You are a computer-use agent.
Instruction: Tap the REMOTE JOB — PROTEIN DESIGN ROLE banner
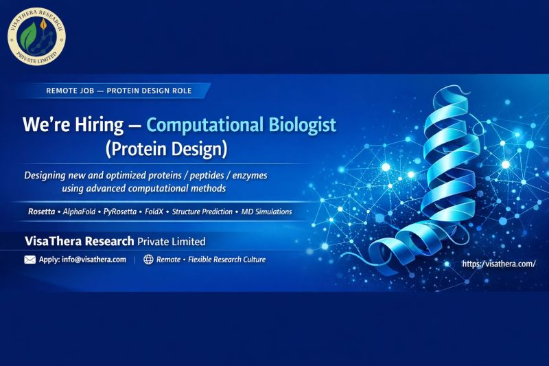118,91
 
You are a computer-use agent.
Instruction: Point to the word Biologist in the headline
305,125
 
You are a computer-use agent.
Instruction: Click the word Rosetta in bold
41,211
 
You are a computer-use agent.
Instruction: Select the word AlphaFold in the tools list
79,211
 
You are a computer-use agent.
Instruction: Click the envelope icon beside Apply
30,260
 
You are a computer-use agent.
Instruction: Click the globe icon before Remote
148,260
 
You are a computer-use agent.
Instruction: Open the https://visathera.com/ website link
498,264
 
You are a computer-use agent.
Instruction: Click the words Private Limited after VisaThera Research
171,242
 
